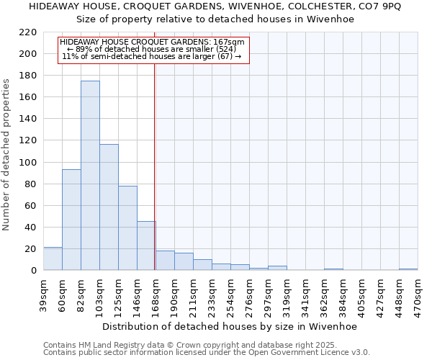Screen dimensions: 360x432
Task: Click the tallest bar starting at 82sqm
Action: click(90, 176)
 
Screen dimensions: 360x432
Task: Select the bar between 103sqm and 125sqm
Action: click(109, 207)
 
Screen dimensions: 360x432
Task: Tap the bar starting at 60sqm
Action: click(71, 220)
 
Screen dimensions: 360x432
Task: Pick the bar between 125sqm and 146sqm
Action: click(127, 228)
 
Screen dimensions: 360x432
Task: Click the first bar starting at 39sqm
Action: click(53, 258)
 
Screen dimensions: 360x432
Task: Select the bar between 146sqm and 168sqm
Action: click(146, 246)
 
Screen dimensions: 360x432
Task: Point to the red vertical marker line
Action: click(155, 166)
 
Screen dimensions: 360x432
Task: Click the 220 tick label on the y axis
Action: click(29, 32)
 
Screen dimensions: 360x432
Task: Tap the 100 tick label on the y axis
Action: click(29, 163)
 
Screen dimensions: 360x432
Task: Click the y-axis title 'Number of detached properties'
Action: click(7, 155)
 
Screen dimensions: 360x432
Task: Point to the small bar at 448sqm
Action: click(408, 269)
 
